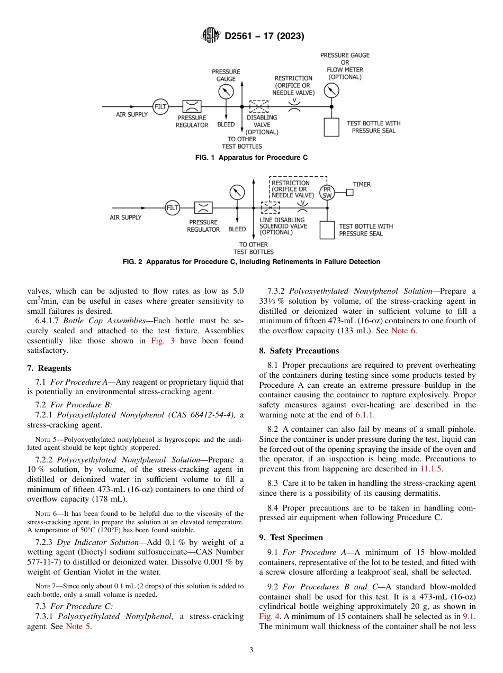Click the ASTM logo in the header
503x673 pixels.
tap(211, 36)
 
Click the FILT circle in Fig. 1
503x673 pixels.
tap(160, 106)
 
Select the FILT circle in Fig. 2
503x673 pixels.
tap(173, 208)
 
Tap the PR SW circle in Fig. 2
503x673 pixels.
tap(327, 193)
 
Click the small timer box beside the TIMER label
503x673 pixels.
tap(349, 193)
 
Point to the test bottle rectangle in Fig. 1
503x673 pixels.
tap(331, 127)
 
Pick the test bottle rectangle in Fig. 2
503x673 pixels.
tap(327, 230)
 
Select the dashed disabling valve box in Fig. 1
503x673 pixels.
tap(259, 106)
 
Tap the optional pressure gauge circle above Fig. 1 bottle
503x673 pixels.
tap(331, 90)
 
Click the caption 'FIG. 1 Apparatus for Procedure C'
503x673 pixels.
tap(251, 158)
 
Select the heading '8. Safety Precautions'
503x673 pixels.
tap(299, 351)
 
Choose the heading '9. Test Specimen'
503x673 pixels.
tap(291, 538)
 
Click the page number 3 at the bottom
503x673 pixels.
tap(251, 650)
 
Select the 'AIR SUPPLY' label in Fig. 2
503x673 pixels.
tap(125, 217)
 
